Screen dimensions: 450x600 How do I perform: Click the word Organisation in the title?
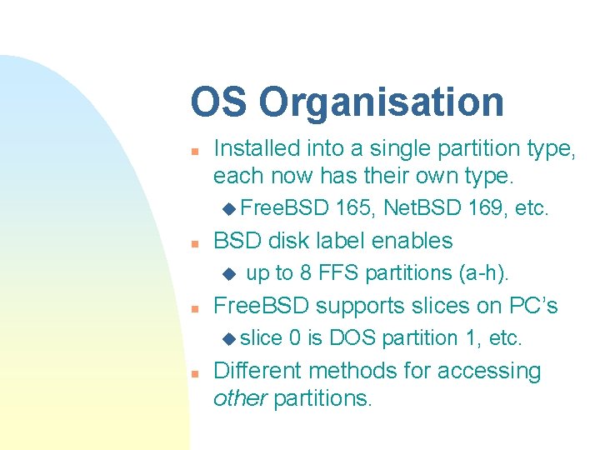[381, 102]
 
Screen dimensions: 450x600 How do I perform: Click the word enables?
[412, 241]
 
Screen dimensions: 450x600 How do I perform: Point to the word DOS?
[350, 337]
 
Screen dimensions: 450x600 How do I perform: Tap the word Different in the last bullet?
[259, 370]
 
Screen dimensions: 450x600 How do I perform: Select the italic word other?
[240, 398]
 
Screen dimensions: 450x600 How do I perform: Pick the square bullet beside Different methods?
[192, 372]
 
